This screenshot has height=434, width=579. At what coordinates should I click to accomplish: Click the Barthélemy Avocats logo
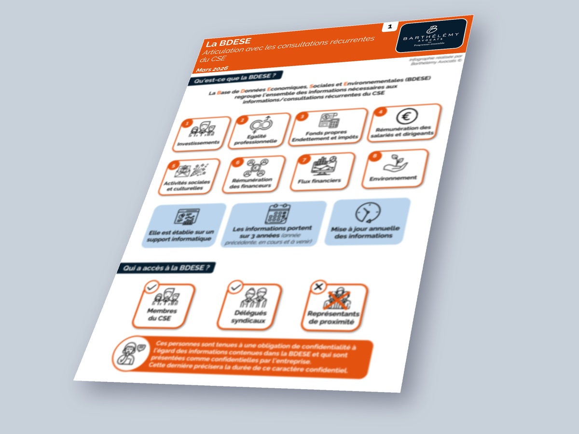431,35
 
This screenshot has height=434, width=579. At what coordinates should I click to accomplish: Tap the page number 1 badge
389,27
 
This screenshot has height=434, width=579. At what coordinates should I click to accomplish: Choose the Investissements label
198,143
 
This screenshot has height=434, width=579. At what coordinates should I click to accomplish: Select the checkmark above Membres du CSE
152,287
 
